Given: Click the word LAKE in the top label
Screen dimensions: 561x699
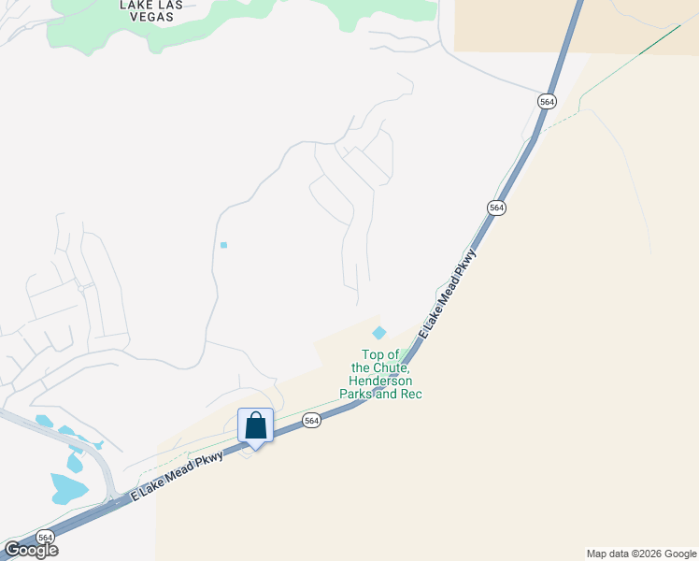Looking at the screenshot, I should tap(135, 5).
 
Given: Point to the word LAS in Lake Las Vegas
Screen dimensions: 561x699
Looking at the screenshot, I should tap(163, 5).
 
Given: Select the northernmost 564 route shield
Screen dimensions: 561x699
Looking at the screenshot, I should tap(547, 100).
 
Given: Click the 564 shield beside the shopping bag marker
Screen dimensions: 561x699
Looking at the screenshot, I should tap(312, 422).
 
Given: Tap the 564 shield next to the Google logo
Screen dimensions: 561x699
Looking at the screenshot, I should tap(45, 537).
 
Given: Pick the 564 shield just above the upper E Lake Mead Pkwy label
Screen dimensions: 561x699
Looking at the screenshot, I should tap(496, 208).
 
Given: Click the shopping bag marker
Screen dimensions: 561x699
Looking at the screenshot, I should tap(255, 426).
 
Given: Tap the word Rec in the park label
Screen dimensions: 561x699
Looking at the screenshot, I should tap(412, 395).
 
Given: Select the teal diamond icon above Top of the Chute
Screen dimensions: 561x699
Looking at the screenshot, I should tap(379, 333).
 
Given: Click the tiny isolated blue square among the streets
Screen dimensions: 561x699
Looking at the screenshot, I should tap(223, 245).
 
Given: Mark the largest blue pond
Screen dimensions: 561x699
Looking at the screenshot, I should tap(68, 488).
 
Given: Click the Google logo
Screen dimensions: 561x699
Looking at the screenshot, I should tap(30, 550).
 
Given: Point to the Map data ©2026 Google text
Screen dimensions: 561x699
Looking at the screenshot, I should tap(642, 554).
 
